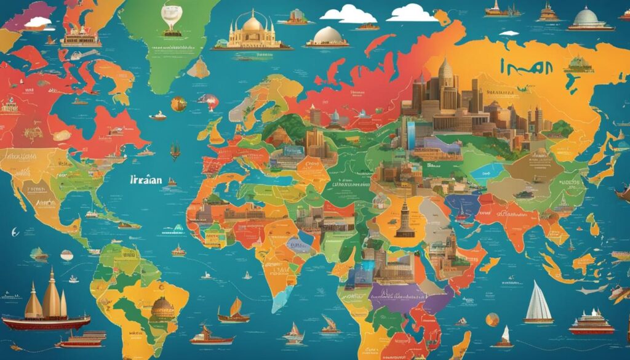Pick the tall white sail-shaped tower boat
(538, 303)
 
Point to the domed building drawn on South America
(162, 308)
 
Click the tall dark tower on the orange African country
(404, 219)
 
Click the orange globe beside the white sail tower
(492, 319)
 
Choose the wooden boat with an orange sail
(234, 311)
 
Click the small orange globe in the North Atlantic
(178, 103)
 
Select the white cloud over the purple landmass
(38, 22)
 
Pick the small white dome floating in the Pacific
(67, 254)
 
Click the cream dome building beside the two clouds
(327, 36)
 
